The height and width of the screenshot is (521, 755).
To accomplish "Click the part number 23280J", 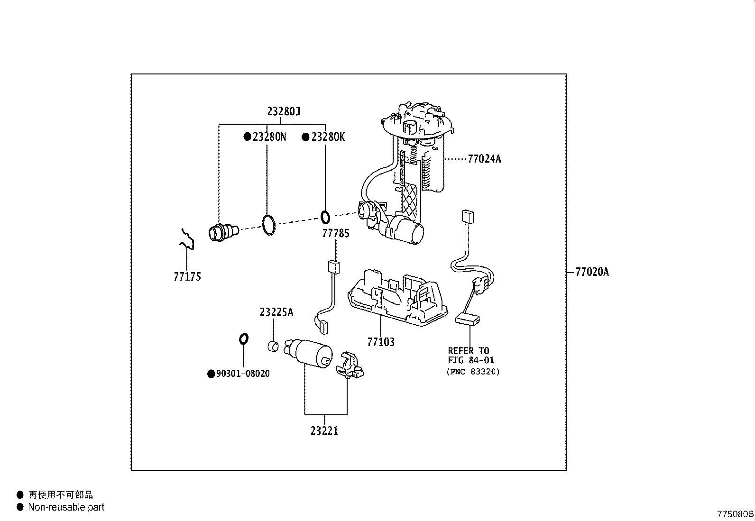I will (x=284, y=112).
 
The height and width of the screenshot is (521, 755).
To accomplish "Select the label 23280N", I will (x=269, y=137).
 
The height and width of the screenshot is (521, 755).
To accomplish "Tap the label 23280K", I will (x=328, y=137).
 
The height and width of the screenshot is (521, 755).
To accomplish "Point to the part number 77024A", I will (x=484, y=159).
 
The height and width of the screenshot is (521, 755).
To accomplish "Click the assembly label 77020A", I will (x=592, y=272).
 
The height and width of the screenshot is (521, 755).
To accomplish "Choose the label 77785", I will (x=336, y=233).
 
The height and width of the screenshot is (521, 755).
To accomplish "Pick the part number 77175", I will (x=187, y=277).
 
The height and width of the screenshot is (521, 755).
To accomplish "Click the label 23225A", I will (x=276, y=312).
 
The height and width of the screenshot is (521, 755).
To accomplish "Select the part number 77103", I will (x=381, y=342).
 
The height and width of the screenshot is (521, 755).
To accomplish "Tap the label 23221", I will (x=324, y=431).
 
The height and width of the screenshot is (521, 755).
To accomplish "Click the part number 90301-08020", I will (x=243, y=374).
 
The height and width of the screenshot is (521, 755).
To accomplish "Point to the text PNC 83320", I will (x=473, y=372).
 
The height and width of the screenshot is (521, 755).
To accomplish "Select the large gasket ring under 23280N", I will (x=268, y=224).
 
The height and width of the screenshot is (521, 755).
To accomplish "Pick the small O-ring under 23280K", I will (x=325, y=217).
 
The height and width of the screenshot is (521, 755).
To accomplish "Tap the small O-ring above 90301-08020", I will (x=242, y=338).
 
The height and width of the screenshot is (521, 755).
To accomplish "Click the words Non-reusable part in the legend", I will (x=66, y=507).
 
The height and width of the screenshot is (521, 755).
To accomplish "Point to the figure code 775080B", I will (x=735, y=514).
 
